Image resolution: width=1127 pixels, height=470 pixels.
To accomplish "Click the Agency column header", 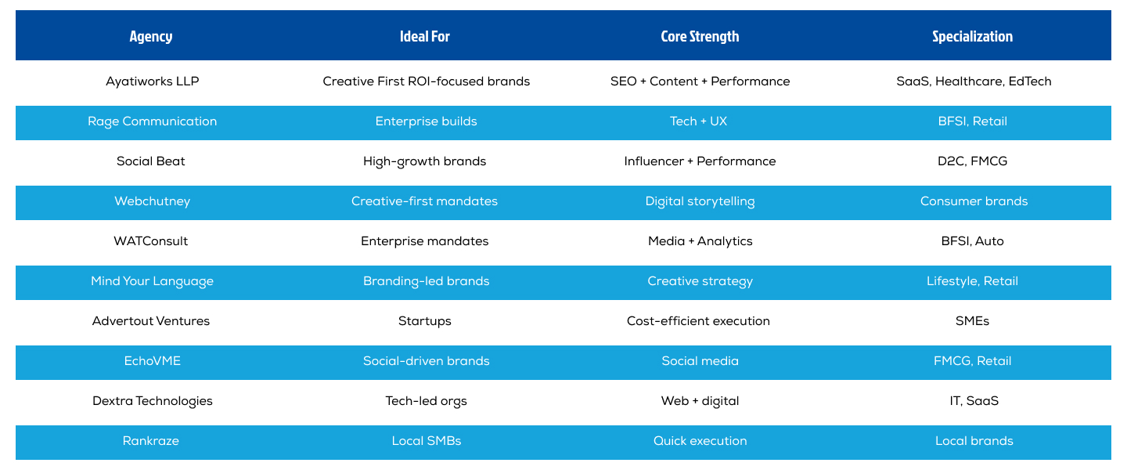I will pos(151,36).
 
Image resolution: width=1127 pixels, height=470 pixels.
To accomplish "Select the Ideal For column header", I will pos(425,36).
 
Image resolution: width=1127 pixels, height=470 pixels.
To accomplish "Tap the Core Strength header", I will pos(700,36).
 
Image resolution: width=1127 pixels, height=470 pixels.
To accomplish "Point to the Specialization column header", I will pos(973,36).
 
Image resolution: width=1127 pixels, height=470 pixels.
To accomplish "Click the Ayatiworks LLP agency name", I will pos(152,81).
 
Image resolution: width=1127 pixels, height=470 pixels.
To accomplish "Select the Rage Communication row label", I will pos(152,121).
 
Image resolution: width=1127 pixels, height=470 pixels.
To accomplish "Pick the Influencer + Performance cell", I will pos(700,161).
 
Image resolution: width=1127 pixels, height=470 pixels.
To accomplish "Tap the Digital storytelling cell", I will pos(700,201).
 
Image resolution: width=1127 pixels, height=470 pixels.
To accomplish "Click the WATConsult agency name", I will pos(151,241).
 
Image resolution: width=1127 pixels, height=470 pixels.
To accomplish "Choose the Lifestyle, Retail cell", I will pos(973,281).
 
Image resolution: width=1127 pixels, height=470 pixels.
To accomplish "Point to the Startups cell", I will pos(425,321).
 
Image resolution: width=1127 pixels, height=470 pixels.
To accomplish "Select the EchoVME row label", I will pos(151,361).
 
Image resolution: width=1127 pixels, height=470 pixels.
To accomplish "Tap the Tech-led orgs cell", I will pos(426,401).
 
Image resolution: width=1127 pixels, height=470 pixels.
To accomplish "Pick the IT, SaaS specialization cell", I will pos(973,401).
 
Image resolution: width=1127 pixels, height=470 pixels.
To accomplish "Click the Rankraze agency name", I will pos(151,441).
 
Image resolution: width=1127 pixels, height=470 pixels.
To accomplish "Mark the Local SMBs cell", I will pos(426,441).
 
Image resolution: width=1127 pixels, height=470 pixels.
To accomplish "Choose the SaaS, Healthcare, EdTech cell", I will pos(974,81).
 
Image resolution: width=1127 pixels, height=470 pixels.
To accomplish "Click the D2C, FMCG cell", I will pos(974,161).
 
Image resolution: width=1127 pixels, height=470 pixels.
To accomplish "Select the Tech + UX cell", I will pos(699,121).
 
